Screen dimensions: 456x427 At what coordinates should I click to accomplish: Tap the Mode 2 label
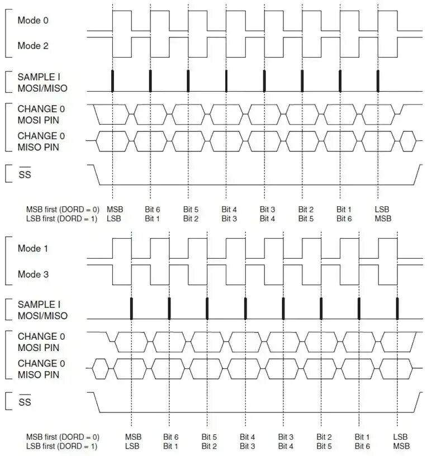click(33, 46)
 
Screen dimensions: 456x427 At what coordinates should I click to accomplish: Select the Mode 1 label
click(33, 249)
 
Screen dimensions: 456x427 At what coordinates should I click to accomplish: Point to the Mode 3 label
click(33, 274)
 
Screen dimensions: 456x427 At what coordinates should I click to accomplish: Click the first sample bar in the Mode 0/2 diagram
click(112, 81)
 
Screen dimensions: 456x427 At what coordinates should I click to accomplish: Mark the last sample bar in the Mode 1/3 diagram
click(397, 308)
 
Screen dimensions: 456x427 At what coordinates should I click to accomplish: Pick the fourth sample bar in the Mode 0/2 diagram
click(226, 81)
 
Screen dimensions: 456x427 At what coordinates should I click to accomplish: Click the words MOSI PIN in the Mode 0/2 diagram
click(39, 119)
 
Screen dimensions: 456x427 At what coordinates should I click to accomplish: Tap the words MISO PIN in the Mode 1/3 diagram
click(39, 374)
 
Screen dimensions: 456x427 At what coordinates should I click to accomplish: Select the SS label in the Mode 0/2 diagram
click(25, 175)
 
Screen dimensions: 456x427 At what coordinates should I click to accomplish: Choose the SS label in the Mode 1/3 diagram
click(25, 403)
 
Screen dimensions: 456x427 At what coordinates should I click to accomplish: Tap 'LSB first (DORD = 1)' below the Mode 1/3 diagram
click(61, 446)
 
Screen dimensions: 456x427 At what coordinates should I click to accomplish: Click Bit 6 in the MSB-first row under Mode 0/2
click(152, 209)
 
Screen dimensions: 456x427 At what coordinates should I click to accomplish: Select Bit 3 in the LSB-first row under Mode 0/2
click(229, 218)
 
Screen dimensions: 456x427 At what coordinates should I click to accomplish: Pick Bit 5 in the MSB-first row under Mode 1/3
click(209, 436)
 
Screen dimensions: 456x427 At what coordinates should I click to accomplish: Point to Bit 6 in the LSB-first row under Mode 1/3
click(362, 446)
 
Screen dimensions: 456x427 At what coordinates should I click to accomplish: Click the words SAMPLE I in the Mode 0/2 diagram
click(39, 77)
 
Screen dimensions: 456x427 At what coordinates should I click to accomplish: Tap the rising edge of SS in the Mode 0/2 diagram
click(418, 174)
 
